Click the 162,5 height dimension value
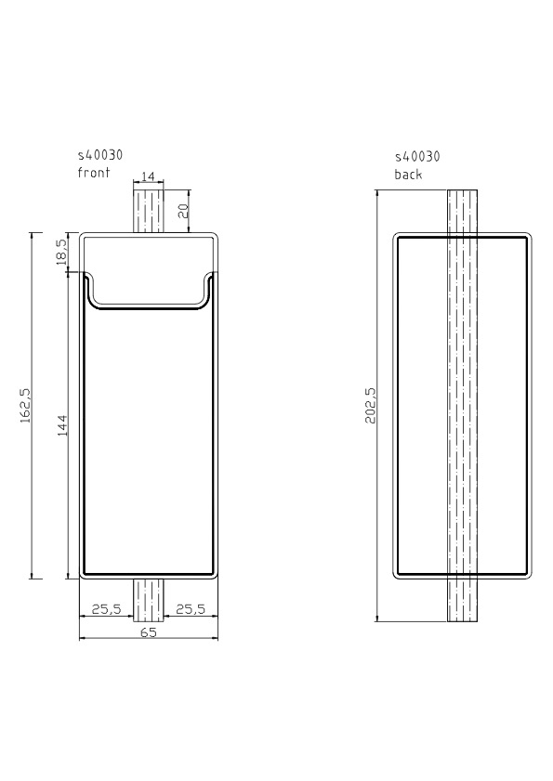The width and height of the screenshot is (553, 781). [25, 406]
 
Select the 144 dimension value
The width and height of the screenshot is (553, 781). [62, 425]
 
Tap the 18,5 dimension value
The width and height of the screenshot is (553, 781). [62, 252]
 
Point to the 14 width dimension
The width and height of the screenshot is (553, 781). [148, 176]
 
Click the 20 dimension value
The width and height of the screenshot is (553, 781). [183, 211]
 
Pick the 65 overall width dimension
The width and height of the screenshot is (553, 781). [149, 632]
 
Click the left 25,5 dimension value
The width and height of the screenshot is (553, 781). [106, 608]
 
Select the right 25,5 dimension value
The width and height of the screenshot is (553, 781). [191, 608]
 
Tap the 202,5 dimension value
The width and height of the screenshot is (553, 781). [371, 406]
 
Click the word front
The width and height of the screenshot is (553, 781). [93, 173]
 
